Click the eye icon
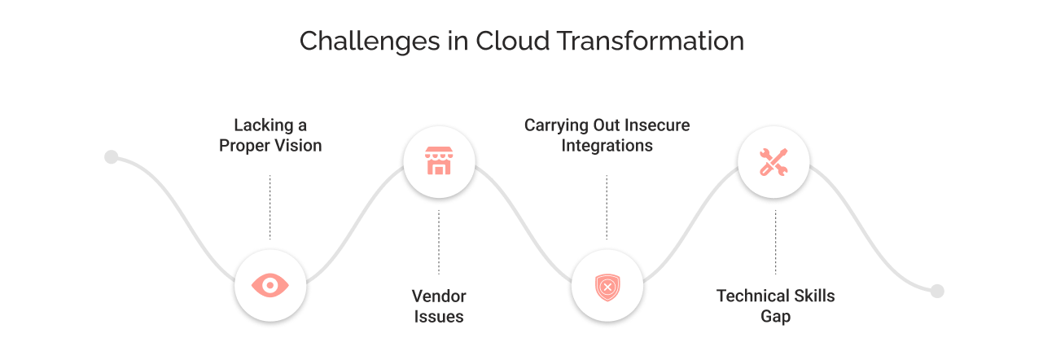click(270, 285)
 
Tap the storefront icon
click(439, 160)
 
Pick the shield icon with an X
click(607, 287)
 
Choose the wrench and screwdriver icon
click(773, 161)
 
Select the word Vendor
click(439, 296)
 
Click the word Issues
click(439, 317)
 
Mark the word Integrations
click(607, 147)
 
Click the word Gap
click(775, 317)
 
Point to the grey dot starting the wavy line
click(112, 157)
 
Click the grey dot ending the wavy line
click(937, 291)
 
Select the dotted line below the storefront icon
click(439, 242)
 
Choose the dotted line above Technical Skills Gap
click(775, 242)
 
